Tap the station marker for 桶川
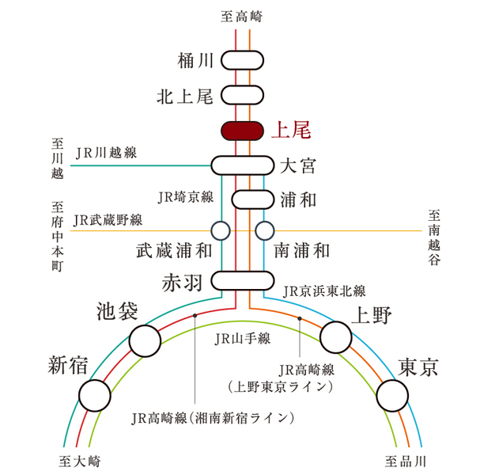[x=243, y=60]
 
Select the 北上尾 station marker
[x=243, y=96]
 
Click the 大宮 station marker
[x=243, y=165]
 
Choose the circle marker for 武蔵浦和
[x=221, y=230]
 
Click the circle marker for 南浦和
[x=265, y=230]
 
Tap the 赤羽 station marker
[x=243, y=281]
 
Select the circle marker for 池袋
[x=145, y=340]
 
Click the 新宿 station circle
[x=96, y=394]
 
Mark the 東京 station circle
[x=393, y=394]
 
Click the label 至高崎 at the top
[x=243, y=15]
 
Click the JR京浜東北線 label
[x=324, y=290]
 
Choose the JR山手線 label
[x=243, y=339]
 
